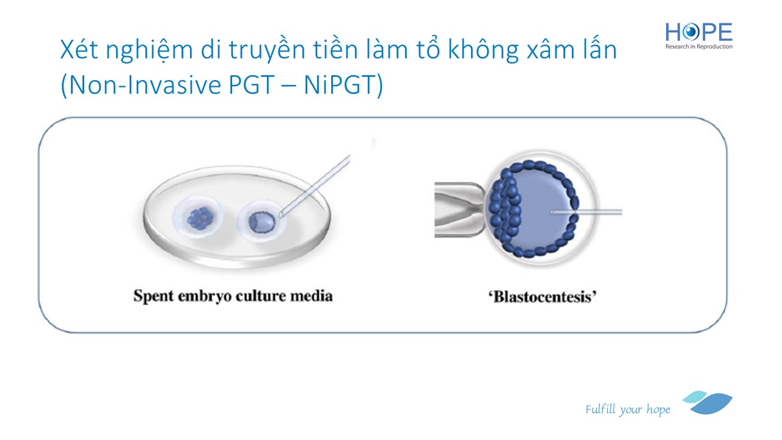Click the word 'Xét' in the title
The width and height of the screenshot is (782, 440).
[79, 50]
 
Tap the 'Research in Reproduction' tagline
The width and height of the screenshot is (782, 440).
[698, 46]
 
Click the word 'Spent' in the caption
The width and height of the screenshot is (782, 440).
[153, 296]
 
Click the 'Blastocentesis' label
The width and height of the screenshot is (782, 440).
[542, 297]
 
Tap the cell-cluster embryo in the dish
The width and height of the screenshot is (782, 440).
[200, 219]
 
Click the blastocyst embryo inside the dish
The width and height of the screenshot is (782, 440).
[262, 223]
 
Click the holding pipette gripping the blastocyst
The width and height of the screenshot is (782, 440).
[459, 210]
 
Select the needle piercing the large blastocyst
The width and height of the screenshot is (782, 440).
[586, 211]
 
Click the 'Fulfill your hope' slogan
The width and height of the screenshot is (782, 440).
[627, 409]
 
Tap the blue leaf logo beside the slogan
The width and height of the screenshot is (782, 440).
[708, 403]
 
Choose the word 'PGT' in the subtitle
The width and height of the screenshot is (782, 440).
[251, 85]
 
